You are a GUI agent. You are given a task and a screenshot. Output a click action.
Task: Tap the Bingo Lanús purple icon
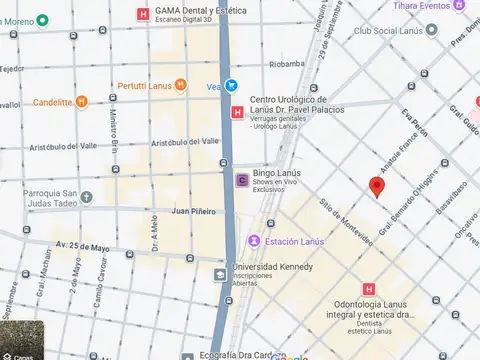pyautogui.click(x=242, y=180)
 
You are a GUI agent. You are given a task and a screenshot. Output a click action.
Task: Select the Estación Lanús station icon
pyautogui.click(x=255, y=241)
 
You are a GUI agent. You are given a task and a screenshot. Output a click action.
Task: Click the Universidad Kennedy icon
pyautogui.click(x=219, y=273)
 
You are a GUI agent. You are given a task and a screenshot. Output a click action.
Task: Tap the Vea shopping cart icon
pyautogui.click(x=231, y=86)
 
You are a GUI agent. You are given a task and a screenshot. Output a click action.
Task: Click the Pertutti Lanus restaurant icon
pyautogui.click(x=180, y=85)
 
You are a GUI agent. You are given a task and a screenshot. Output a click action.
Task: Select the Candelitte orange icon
pyautogui.click(x=82, y=101)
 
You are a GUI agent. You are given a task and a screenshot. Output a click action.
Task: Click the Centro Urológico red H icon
pyautogui.click(x=237, y=112)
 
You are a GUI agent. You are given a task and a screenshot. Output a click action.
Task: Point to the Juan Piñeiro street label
pyautogui.click(x=194, y=211)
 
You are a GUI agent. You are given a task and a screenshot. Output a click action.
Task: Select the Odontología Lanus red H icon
pyautogui.click(x=369, y=289)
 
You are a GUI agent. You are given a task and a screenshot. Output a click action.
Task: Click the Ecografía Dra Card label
pyautogui.click(x=238, y=354)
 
